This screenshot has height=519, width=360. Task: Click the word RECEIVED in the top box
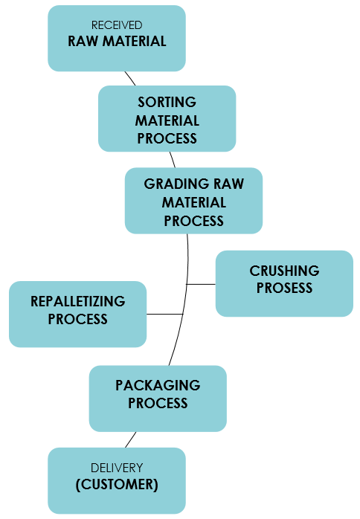117,25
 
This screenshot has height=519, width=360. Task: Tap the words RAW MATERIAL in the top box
117,42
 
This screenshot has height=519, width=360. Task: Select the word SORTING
167,102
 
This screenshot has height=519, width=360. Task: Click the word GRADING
176,184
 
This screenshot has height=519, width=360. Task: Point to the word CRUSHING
284,271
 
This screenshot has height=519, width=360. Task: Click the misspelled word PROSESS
284,288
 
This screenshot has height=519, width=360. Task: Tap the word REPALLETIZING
78,302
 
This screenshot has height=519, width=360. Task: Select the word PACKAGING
158,385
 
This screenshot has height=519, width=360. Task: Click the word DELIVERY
117,468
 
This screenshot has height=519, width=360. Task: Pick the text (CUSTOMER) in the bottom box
117,485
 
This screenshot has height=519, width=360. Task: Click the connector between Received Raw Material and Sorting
130,79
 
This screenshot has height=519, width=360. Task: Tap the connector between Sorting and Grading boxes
173,160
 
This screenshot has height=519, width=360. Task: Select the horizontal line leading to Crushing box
201,284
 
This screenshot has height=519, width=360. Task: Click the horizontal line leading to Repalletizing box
165,314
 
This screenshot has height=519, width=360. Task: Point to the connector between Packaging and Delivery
130,440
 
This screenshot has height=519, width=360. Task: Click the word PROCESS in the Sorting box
167,139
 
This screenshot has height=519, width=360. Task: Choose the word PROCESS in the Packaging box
158,404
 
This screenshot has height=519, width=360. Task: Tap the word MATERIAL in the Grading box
193,202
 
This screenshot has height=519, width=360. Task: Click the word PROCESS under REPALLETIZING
78,320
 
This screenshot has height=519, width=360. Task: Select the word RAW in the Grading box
228,184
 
